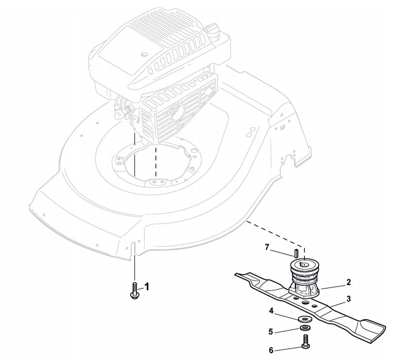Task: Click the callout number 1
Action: click(146, 286)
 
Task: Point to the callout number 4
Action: click(271, 312)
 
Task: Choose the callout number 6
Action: click(271, 349)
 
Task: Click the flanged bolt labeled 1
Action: click(134, 291)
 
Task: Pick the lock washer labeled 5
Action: click(304, 329)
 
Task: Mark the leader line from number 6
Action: click(288, 348)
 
